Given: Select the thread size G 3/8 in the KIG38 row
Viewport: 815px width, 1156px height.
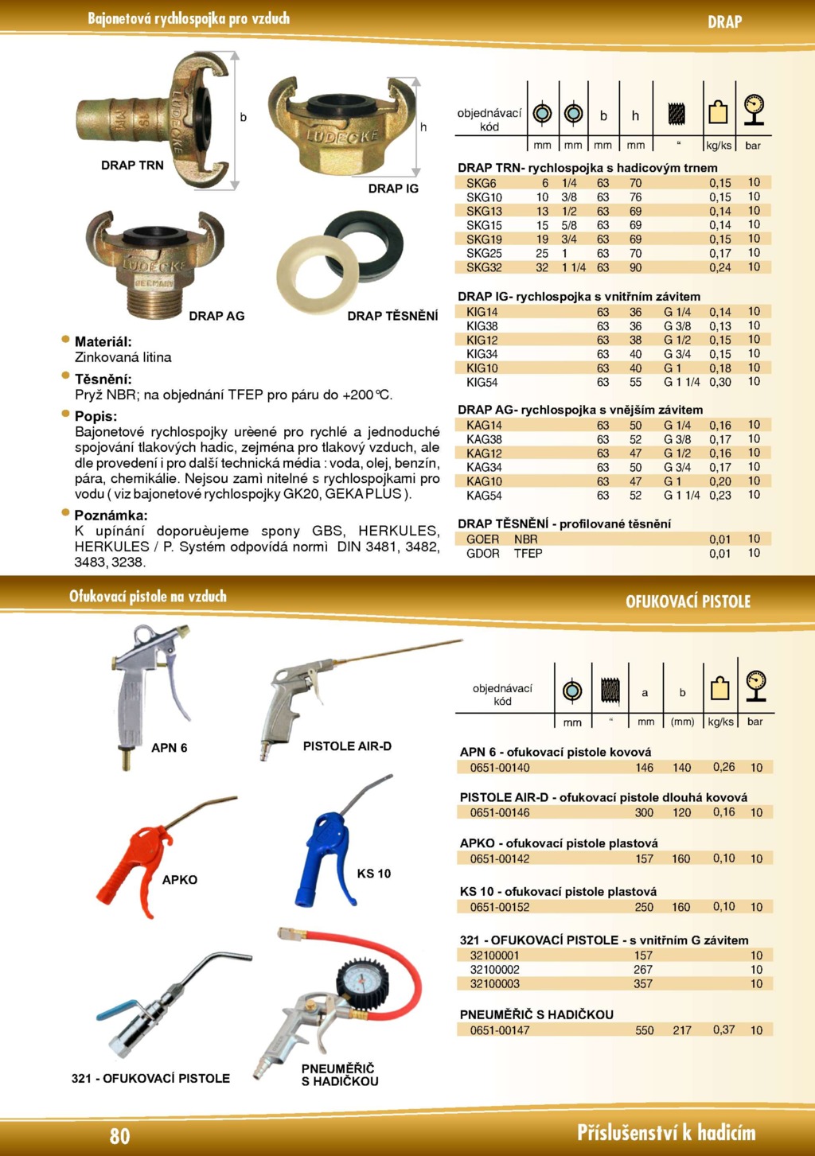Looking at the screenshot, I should (x=677, y=326).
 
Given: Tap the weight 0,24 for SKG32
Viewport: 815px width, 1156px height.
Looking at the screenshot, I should (x=719, y=268).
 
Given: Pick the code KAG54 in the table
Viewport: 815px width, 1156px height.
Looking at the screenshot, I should (x=484, y=496).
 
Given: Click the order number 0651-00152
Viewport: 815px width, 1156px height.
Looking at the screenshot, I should (x=500, y=907).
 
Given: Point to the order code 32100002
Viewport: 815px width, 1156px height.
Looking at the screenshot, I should (x=494, y=970).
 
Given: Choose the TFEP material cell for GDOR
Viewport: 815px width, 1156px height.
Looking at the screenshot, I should (x=528, y=554).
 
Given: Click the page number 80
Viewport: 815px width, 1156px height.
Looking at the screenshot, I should (x=119, y=1135).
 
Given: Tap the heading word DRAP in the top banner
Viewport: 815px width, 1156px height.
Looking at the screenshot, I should (x=724, y=22).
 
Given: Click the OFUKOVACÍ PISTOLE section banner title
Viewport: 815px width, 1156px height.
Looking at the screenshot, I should (x=688, y=601).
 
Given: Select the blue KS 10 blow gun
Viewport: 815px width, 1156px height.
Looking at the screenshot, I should (x=322, y=855).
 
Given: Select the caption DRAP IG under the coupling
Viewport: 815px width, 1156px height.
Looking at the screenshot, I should (x=392, y=189).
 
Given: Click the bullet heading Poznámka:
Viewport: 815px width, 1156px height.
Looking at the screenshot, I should (x=111, y=516).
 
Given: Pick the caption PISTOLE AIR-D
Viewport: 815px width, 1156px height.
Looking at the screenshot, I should (x=347, y=746).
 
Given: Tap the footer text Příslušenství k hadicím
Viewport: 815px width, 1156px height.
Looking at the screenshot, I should (x=665, y=1133).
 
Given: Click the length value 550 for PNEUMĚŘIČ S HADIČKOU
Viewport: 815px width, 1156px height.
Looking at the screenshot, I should (x=644, y=1030).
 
